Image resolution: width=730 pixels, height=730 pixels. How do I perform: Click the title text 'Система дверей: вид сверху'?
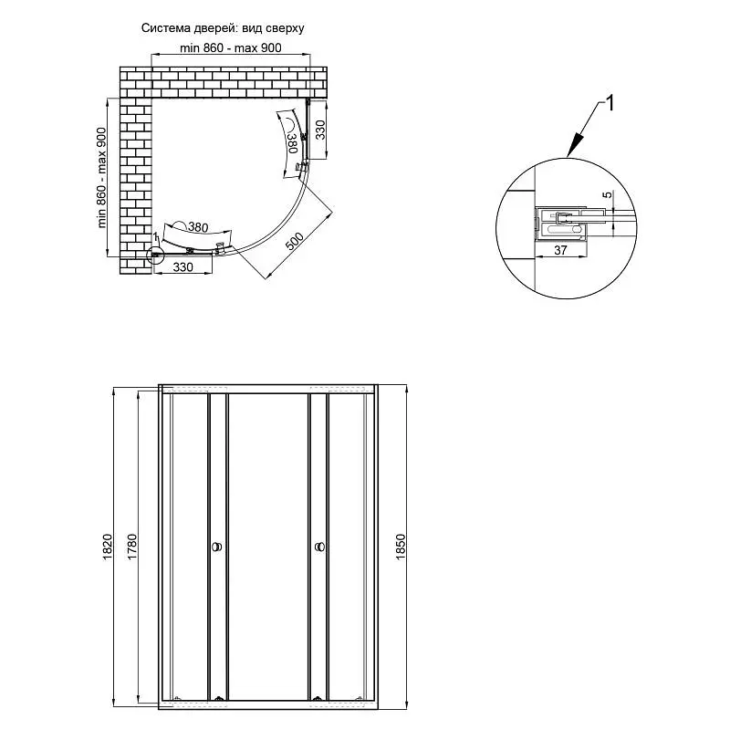223,28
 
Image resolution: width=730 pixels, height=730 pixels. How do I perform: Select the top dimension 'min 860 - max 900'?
231,48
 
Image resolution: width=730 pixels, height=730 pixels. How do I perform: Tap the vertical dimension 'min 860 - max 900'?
102,177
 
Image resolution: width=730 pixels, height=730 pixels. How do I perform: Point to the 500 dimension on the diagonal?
294,241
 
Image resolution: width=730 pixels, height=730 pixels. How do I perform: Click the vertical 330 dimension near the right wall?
320,130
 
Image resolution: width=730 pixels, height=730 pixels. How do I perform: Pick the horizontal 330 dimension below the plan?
183,267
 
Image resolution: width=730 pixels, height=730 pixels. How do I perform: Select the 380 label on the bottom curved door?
198,227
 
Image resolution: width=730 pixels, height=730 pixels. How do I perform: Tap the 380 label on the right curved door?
292,143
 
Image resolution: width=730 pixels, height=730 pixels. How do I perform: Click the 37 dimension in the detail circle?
560,250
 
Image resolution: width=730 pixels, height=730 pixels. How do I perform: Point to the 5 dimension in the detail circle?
608,194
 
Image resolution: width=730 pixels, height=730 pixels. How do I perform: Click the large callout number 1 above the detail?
610,103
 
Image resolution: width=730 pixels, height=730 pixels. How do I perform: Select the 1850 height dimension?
401,547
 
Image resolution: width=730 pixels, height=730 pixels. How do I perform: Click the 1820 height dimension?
108,547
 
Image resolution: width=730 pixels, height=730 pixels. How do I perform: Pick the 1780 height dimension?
132,547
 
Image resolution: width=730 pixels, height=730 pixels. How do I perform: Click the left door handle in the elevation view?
217,547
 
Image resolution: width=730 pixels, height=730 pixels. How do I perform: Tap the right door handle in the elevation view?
320,547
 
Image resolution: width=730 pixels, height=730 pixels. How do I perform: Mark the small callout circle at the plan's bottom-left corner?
154,255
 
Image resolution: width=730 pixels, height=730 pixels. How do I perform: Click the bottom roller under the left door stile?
218,698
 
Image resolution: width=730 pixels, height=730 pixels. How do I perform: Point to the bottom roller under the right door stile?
317,698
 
